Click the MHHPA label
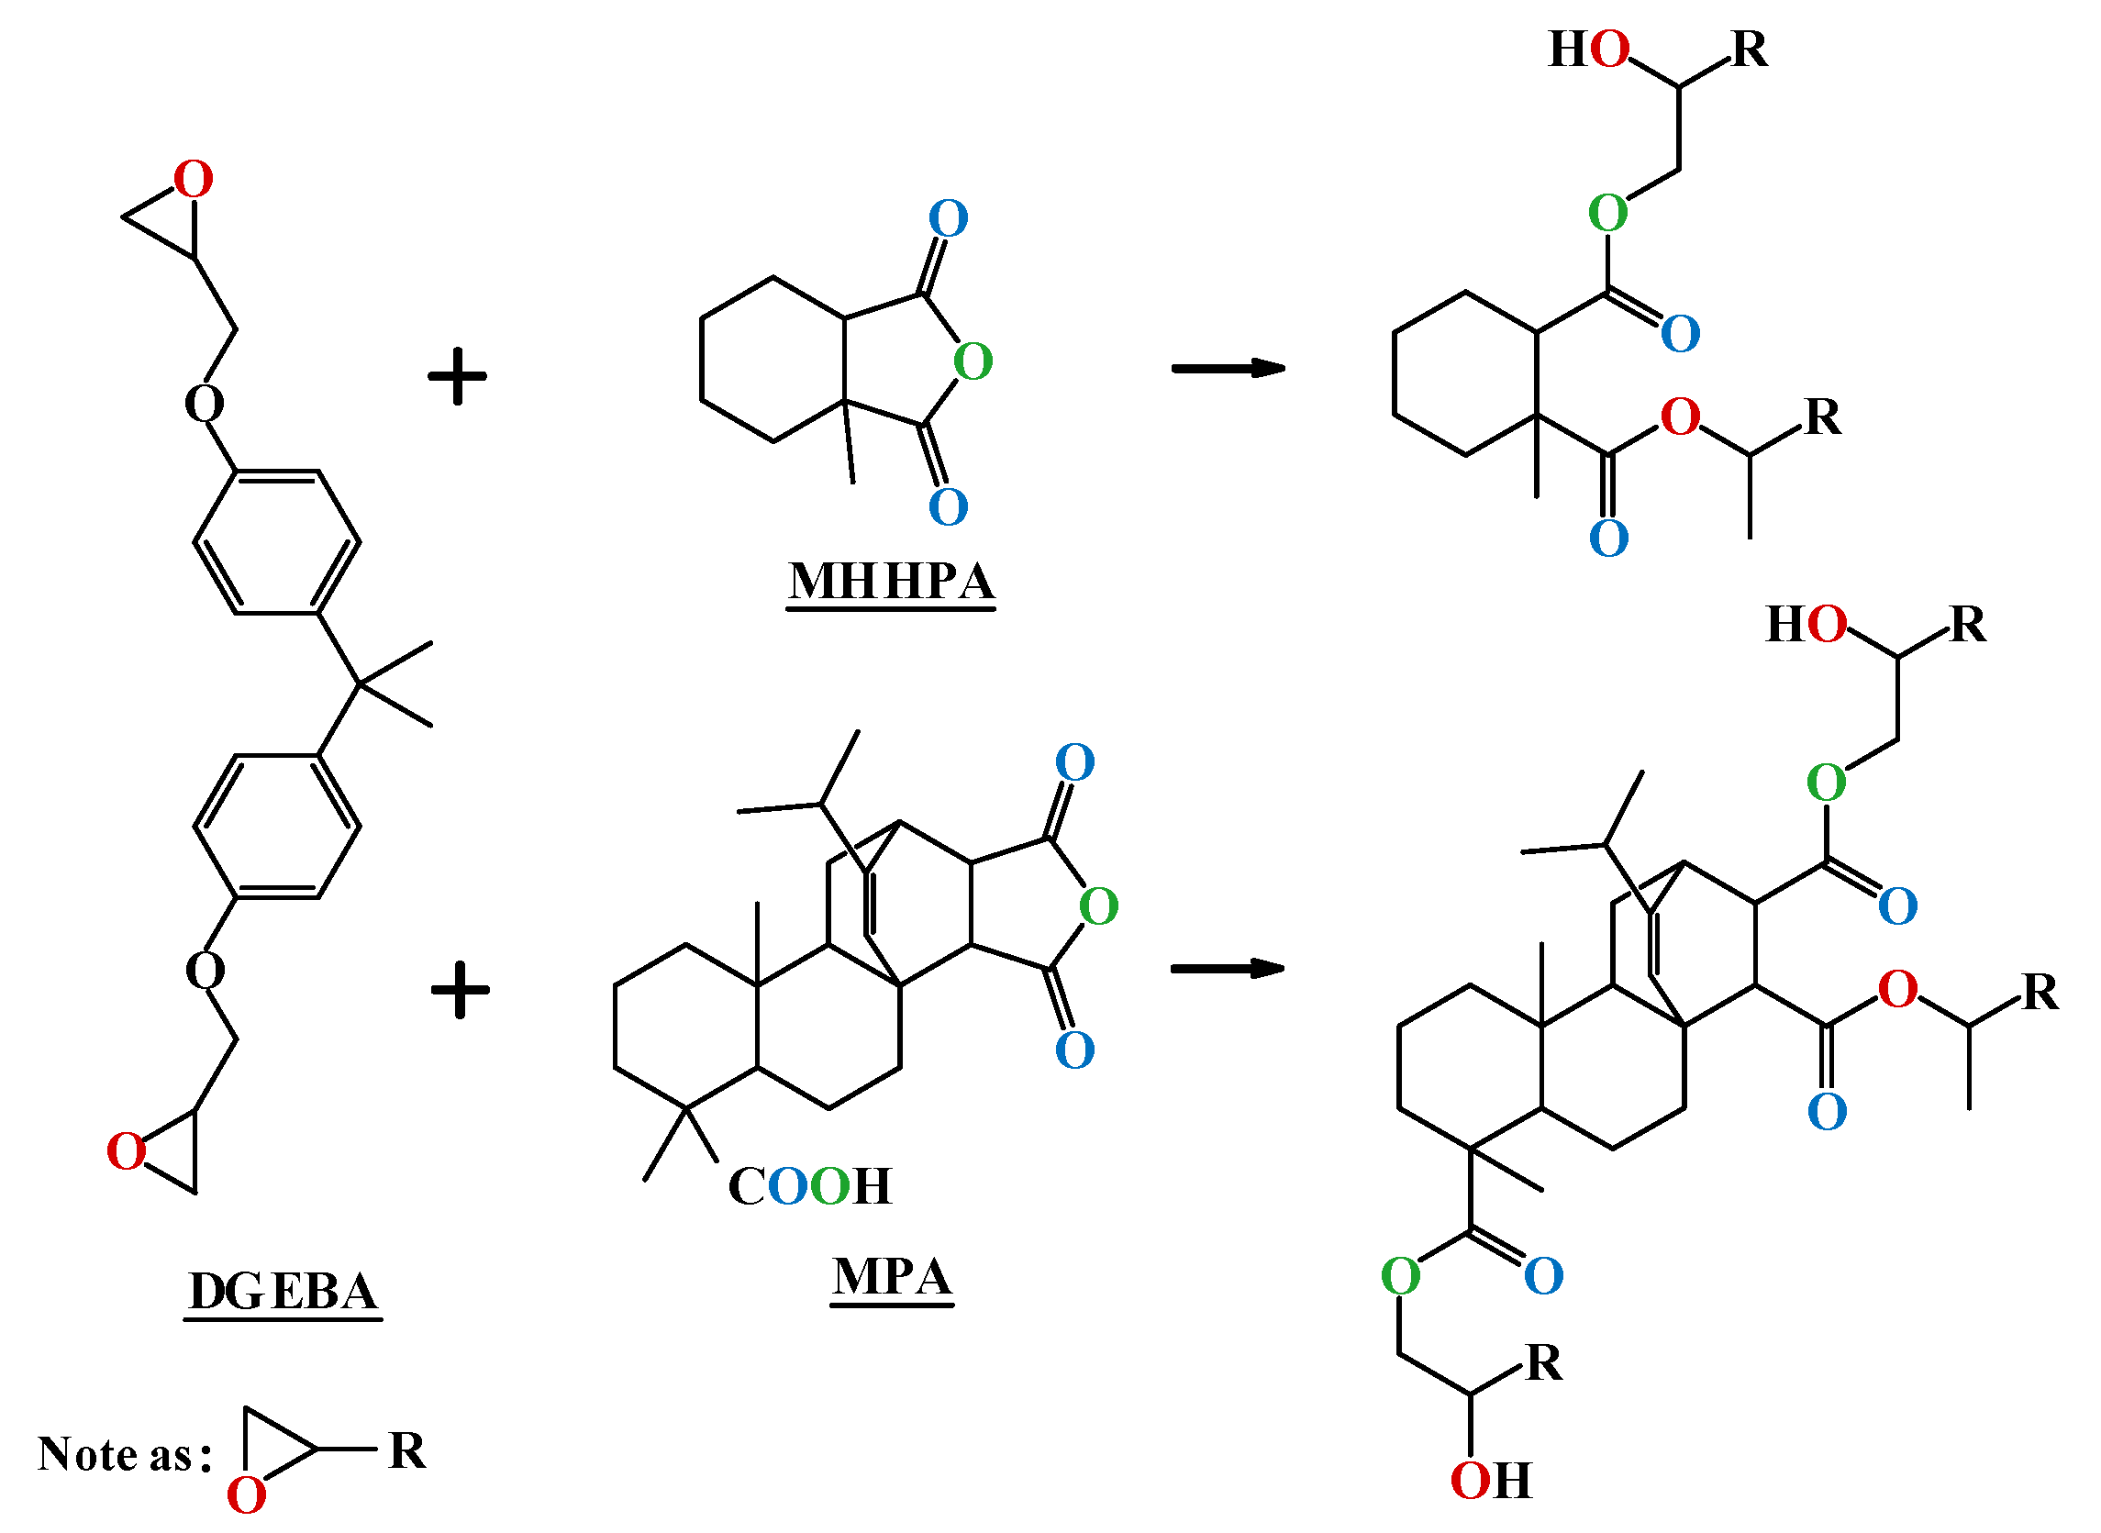891,583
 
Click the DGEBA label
283,1292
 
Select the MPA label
892,1277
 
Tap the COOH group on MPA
809,1187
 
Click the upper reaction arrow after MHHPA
1227,369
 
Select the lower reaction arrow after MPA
1227,969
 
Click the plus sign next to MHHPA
458,377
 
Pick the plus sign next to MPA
461,990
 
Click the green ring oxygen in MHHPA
973,361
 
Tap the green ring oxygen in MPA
1099,906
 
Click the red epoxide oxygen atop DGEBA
193,179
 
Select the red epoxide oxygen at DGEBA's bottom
127,1151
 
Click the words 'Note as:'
124,1454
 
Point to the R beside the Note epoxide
406,1450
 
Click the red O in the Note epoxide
246,1496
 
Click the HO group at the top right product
1589,50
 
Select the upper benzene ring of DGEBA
276,542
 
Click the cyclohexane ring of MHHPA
773,360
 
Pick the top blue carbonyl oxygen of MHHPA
948,218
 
